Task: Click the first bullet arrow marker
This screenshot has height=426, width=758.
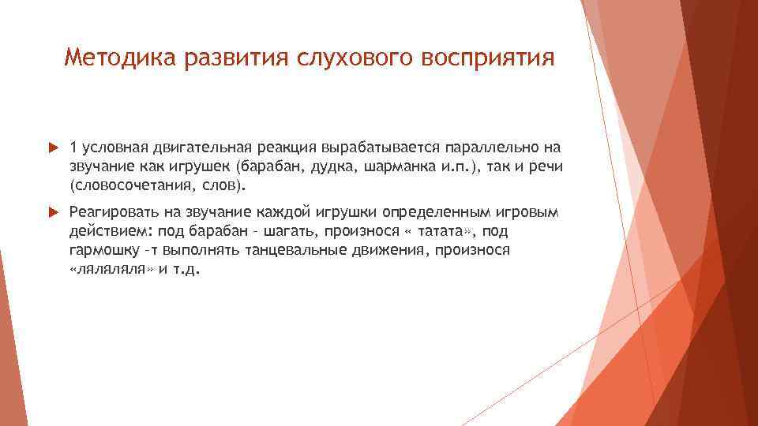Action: click(x=53, y=147)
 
